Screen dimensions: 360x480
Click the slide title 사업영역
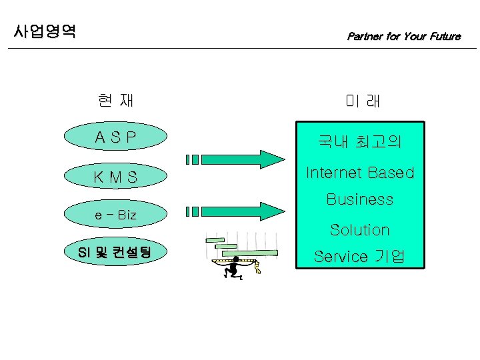coord(45,31)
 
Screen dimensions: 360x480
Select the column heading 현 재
coord(115,101)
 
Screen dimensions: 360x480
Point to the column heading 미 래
coord(362,101)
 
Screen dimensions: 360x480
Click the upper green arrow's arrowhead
coord(274,159)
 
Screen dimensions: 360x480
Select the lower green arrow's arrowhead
coord(274,211)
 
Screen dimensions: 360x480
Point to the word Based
coord(388,173)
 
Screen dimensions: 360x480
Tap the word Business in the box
coord(359,199)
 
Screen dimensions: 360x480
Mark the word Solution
coord(359,230)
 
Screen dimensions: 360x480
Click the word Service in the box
coord(341,257)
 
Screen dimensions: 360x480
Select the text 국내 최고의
coord(359,141)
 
